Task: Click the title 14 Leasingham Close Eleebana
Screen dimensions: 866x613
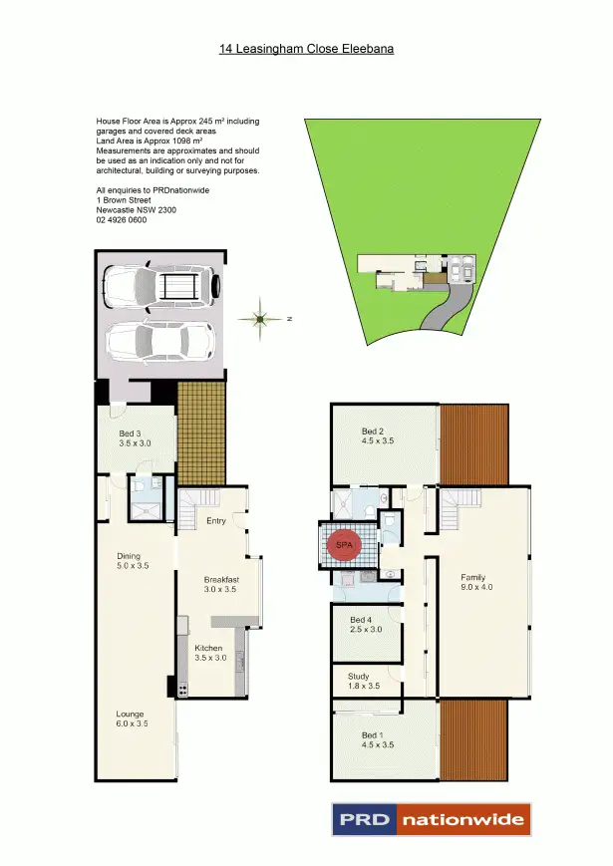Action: pos(306,47)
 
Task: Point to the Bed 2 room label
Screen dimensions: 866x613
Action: pos(372,432)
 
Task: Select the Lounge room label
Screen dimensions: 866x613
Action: pos(130,714)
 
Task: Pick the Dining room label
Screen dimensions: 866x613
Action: pos(128,556)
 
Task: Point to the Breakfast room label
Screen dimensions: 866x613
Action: pos(221,579)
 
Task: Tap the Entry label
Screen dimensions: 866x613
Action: pos(215,520)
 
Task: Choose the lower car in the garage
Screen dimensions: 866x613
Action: pos(159,343)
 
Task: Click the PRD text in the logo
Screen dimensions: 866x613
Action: pos(363,820)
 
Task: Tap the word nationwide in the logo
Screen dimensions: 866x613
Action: pos(463,820)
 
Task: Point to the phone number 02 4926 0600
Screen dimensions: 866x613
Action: pos(123,220)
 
